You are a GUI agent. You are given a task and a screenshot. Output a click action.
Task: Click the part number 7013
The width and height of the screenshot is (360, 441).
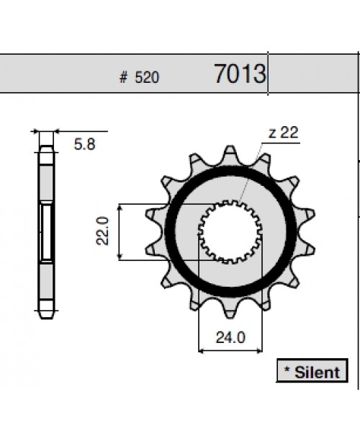240,73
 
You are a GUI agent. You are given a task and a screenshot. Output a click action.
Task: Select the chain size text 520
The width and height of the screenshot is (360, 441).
147,77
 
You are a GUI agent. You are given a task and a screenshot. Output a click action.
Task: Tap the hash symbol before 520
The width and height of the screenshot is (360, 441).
123,77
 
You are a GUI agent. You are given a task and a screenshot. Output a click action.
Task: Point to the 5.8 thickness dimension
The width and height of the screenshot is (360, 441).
84,144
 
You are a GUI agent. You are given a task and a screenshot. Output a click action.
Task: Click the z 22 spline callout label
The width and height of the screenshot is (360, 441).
283,133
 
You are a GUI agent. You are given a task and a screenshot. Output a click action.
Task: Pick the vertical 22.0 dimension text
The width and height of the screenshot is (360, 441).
102,231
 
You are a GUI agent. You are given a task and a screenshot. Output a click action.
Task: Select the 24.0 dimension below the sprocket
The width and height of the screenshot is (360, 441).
230,337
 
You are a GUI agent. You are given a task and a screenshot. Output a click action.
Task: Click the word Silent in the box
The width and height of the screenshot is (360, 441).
318,373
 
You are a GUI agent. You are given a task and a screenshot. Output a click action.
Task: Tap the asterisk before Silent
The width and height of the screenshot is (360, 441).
287,369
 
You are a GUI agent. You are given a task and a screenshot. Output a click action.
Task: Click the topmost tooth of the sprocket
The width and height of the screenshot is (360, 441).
230,154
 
